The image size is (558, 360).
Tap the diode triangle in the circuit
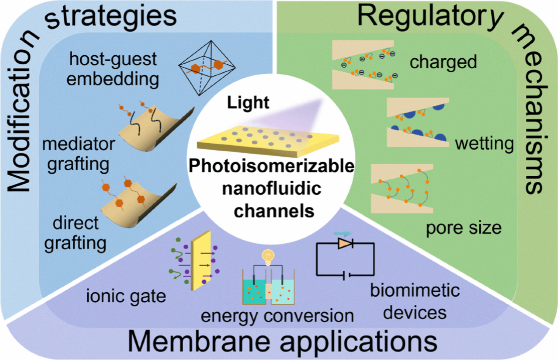point(345,243)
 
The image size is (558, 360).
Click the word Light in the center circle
point(248,103)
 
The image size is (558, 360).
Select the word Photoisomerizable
point(271,166)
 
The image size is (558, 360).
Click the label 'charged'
point(443,62)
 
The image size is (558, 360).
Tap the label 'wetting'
point(484,144)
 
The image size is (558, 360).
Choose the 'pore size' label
point(464,228)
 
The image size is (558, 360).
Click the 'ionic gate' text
point(126,296)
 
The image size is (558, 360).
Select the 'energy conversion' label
point(277,316)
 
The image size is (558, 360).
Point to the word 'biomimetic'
point(415,290)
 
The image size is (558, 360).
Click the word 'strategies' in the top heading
point(111,16)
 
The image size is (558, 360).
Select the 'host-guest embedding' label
point(113,69)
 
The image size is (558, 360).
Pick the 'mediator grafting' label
point(79,154)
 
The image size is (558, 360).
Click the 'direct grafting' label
point(75,233)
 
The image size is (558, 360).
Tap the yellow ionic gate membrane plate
point(201,261)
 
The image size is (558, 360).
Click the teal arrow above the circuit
point(343,233)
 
